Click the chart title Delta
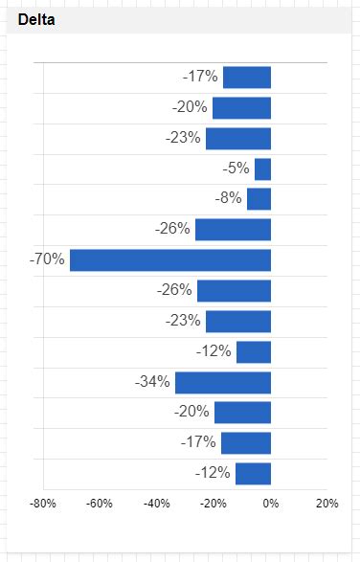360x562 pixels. (x=36, y=19)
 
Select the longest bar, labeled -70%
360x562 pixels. (x=170, y=259)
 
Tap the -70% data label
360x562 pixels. (x=47, y=259)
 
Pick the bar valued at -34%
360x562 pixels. (x=223, y=382)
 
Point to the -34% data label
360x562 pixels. (x=152, y=382)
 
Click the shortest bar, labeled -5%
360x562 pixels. (x=262, y=169)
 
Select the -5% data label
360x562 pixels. (x=236, y=169)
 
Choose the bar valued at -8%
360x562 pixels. (x=259, y=199)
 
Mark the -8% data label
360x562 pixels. (x=229, y=199)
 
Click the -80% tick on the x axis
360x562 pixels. (x=42, y=504)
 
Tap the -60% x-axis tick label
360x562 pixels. (x=100, y=504)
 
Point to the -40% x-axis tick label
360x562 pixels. (x=157, y=504)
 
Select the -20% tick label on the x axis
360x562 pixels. (x=214, y=504)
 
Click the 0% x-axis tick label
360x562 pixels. (x=271, y=504)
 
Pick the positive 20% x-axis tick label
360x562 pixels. (x=326, y=504)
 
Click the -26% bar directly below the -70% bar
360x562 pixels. (x=234, y=290)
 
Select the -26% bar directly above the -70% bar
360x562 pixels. (x=233, y=230)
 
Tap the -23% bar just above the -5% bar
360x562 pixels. (x=238, y=138)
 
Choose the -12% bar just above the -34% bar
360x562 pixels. (x=254, y=351)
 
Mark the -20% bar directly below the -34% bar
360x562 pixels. (x=242, y=413)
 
